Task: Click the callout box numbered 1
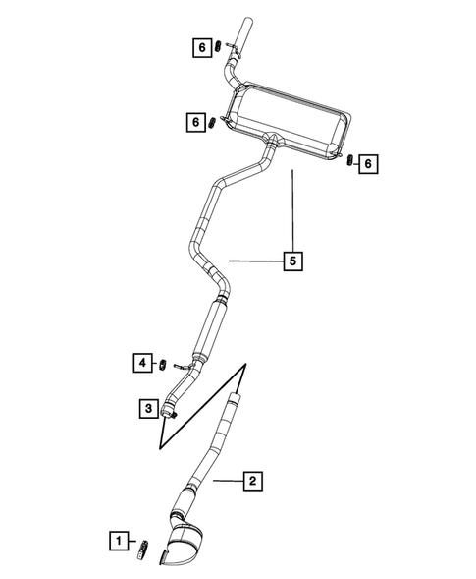(x=118, y=540)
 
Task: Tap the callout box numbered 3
(x=145, y=406)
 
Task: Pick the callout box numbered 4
(x=143, y=364)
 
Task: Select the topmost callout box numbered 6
(x=201, y=45)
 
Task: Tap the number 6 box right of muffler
(x=368, y=163)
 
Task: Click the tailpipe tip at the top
(x=242, y=29)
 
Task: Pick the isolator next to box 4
(x=165, y=364)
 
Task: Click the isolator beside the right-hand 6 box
(x=348, y=160)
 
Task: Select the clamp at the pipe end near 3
(x=169, y=414)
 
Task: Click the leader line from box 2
(x=227, y=481)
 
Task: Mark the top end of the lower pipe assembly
(x=234, y=397)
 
